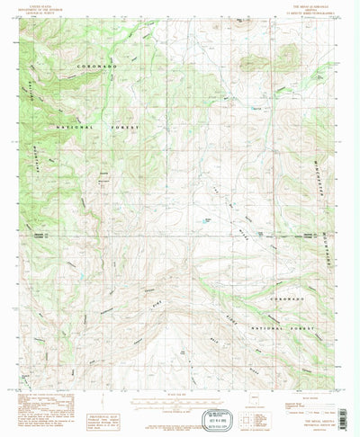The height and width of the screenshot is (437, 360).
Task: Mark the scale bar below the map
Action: coord(180,382)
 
